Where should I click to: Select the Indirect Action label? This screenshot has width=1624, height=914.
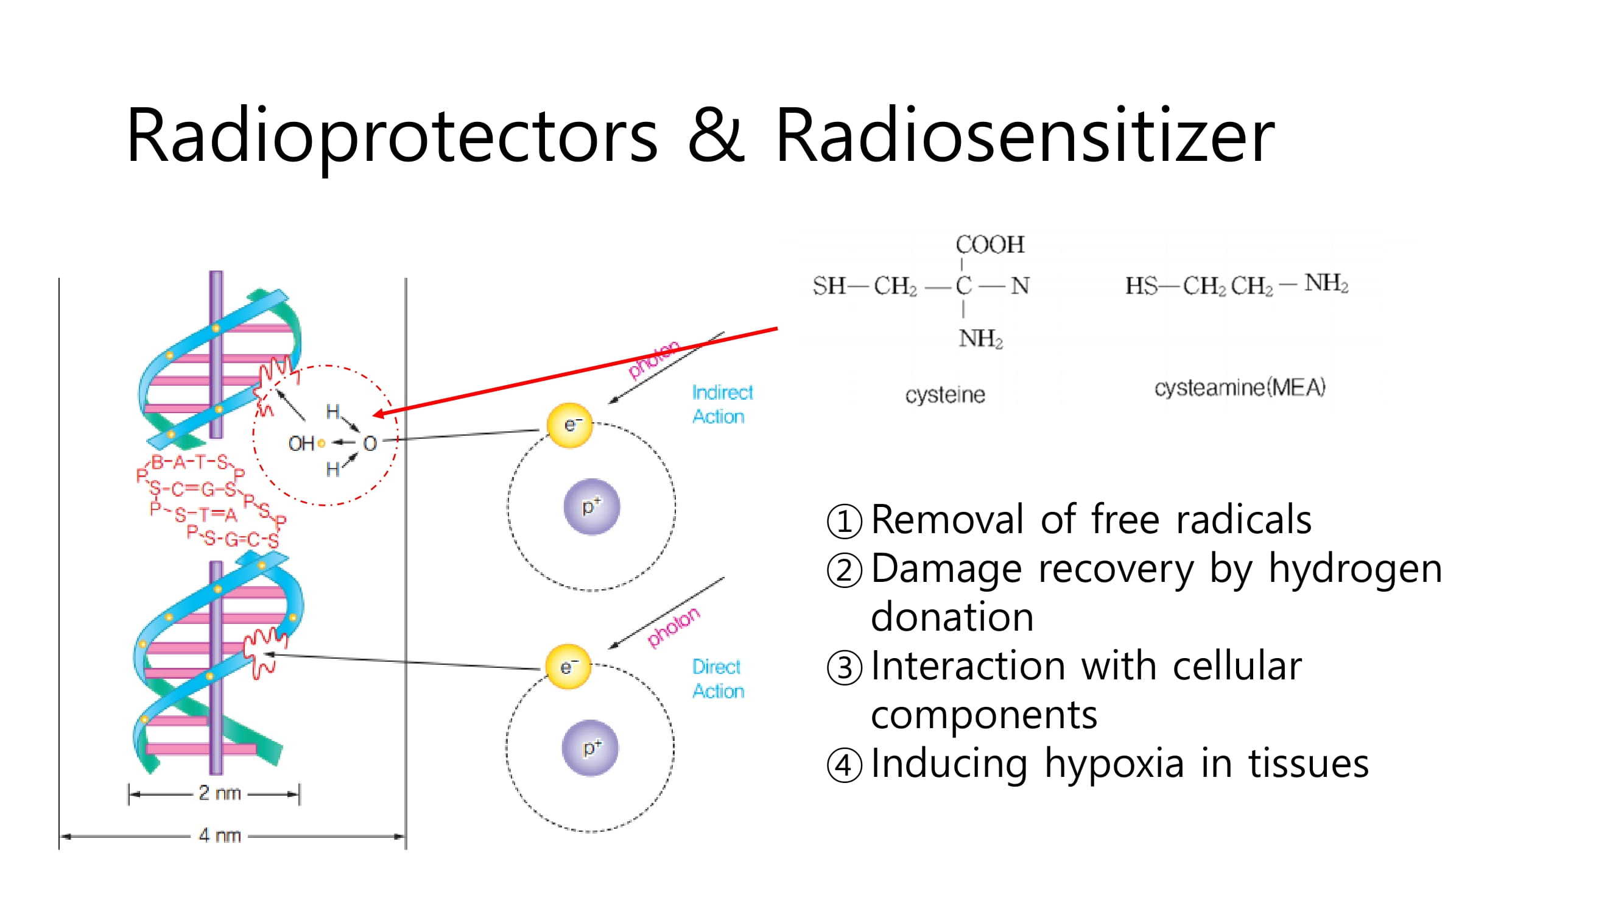[x=722, y=405]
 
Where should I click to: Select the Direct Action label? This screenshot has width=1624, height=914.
[x=717, y=679]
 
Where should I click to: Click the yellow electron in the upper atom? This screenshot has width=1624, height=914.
[x=569, y=425]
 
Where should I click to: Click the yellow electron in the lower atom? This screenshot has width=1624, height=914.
[x=568, y=667]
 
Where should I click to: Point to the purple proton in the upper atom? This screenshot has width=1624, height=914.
[x=591, y=506]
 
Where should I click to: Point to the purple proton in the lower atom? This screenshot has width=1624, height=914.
[x=590, y=748]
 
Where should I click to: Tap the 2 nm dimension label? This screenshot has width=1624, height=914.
[x=219, y=793]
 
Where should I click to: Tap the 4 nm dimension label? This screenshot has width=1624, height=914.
[x=219, y=836]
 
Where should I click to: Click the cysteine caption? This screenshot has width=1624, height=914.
[x=944, y=395]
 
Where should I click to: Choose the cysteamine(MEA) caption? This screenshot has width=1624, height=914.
[x=1239, y=388]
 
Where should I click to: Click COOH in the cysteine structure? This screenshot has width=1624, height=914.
[x=990, y=244]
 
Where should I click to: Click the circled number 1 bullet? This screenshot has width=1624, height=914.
[x=844, y=521]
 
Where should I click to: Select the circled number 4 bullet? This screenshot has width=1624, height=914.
[x=844, y=765]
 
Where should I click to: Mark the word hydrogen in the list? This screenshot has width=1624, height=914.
[x=1355, y=570]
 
